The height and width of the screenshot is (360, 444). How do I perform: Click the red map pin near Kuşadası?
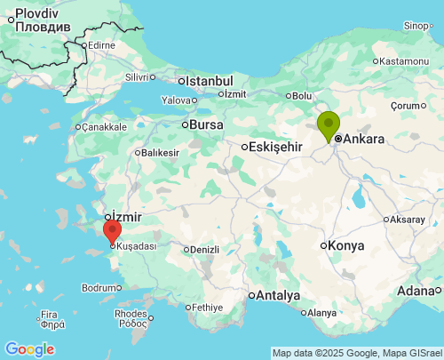point(112,231)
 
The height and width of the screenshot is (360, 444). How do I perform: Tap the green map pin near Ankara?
point(329,124)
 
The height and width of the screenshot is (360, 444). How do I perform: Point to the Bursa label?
point(206,124)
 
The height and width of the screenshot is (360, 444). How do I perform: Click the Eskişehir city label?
point(277,147)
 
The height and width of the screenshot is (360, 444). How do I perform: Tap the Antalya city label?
point(278,296)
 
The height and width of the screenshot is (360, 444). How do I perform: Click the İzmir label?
point(124,216)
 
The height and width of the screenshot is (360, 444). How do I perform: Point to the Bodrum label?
point(98,288)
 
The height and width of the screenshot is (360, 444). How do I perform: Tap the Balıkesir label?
point(160,153)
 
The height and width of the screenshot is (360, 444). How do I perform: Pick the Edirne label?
point(101,45)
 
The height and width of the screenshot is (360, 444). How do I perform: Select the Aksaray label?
point(408,219)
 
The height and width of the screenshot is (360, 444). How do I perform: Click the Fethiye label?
point(207,308)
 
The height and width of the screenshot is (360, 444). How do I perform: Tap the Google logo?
point(29,349)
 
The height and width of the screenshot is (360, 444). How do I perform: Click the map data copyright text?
point(355,353)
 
